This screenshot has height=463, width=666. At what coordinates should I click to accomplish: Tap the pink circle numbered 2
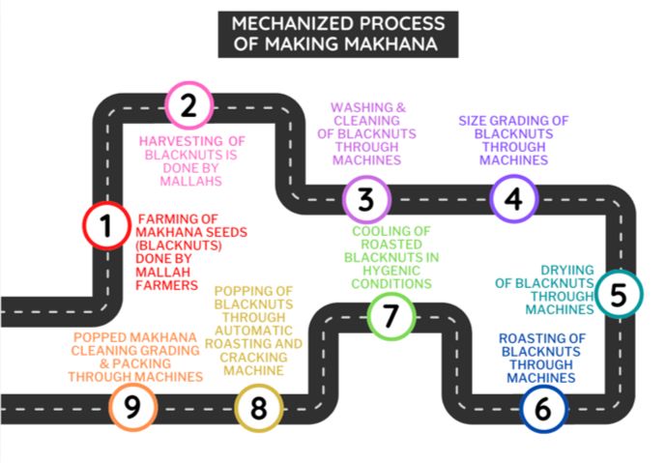tap(189, 105)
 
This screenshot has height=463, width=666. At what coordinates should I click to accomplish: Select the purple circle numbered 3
tap(365, 200)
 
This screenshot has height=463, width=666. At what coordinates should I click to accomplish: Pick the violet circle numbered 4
tap(513, 199)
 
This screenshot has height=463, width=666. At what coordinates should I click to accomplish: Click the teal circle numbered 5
tap(618, 295)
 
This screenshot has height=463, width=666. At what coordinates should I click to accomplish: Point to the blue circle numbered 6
tap(543, 408)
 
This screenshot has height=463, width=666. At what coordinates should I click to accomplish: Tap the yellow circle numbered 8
tap(258, 407)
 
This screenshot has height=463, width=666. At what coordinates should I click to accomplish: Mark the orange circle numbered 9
tap(132, 407)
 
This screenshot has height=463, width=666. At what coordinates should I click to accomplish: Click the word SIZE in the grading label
tap(474, 121)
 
